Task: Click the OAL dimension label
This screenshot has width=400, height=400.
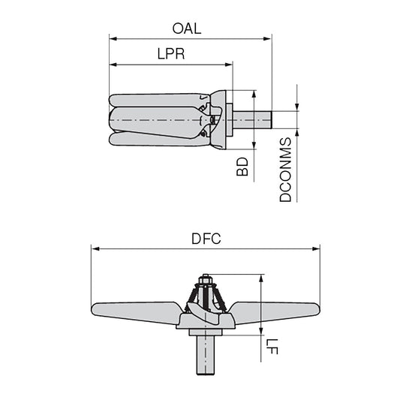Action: coord(188,29)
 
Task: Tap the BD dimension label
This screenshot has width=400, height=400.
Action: coord(242,167)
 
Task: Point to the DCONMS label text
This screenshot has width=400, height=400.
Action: coord(286,170)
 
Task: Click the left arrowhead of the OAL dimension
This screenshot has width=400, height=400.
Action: coord(113,38)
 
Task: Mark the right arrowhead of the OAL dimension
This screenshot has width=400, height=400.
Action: coord(268,38)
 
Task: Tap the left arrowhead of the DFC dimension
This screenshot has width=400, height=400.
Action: coord(95,248)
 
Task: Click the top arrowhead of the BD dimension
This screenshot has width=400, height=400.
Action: coord(254,94)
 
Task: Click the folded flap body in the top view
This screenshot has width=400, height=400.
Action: coord(154,119)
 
